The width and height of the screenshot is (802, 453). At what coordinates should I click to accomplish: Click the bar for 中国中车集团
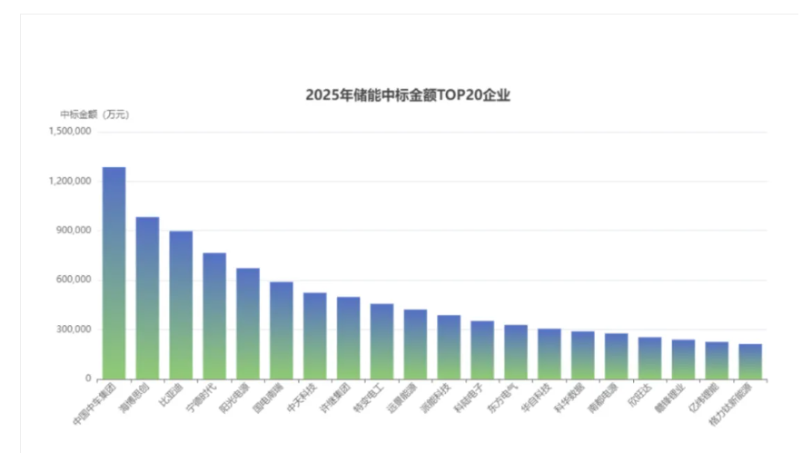tap(114, 272)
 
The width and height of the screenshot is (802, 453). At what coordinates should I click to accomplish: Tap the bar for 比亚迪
tap(181, 305)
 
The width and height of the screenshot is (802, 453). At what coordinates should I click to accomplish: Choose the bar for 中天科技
tap(315, 336)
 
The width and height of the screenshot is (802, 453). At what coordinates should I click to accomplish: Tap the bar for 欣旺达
tap(649, 358)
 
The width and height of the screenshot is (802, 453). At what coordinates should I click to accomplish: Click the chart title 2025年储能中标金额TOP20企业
tap(408, 95)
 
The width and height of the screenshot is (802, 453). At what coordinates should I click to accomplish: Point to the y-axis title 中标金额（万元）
tap(94, 114)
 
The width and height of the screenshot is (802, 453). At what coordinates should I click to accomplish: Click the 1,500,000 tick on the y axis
tap(70, 132)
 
